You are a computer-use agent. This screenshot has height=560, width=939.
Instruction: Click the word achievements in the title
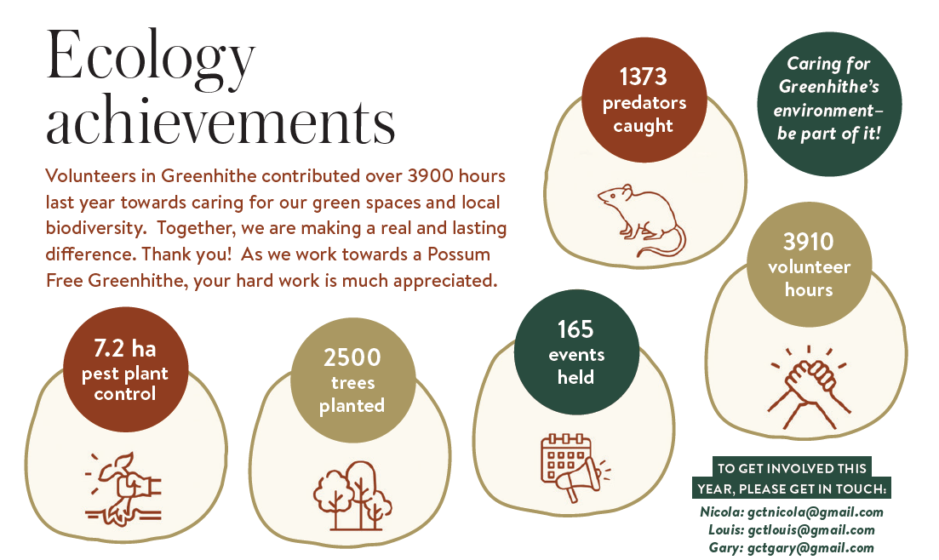[220, 120]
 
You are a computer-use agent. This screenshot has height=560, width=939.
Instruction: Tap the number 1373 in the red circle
[643, 77]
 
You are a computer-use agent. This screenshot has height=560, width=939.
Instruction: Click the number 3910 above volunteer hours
[809, 242]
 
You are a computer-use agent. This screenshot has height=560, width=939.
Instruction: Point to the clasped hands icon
[809, 387]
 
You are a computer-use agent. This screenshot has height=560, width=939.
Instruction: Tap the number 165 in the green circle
[575, 329]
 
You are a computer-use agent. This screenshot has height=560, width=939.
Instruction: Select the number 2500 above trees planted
[352, 357]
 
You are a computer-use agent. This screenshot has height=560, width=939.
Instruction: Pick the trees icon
[352, 495]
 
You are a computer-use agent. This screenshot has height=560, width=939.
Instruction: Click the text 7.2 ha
[124, 348]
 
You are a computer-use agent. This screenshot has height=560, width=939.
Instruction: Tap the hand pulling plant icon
[124, 489]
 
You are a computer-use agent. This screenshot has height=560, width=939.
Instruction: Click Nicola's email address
[815, 512]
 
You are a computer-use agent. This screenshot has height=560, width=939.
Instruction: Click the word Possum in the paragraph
[459, 254]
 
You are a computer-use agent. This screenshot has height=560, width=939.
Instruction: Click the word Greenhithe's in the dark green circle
[829, 87]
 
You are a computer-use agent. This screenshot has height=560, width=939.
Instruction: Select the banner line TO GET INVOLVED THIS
[792, 468]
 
